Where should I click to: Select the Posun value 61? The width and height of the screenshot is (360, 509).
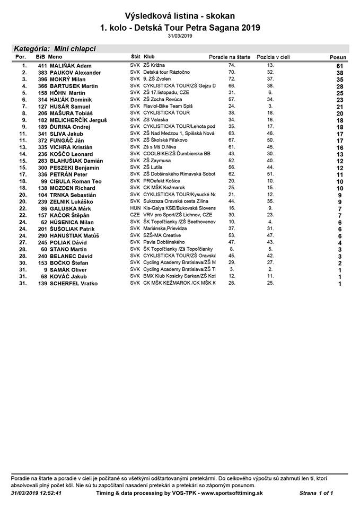340,66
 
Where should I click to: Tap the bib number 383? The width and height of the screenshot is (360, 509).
42,72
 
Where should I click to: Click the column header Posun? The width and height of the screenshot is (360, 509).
338,57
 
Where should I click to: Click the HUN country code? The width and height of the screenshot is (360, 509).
135,208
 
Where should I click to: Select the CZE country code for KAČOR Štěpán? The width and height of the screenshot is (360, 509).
135,215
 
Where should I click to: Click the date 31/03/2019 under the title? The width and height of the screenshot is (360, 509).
180,36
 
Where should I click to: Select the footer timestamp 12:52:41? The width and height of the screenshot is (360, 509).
51,493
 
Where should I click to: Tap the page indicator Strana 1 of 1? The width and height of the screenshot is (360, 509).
316,493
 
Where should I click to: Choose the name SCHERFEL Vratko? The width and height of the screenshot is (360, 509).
73,284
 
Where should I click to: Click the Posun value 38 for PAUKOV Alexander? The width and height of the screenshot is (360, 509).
340,73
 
